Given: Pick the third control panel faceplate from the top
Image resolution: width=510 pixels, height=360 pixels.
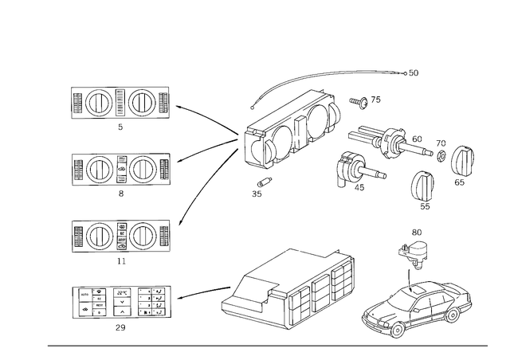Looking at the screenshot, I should point(120,235).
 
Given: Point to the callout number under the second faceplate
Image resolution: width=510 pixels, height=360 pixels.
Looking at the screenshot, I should point(120,193).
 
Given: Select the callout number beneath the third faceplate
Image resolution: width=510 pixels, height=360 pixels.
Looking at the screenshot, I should point(120,259).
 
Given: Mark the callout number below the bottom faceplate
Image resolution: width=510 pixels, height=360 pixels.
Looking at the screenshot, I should point(120,327).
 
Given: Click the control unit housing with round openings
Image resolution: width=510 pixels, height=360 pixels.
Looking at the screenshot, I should point(291,131).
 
